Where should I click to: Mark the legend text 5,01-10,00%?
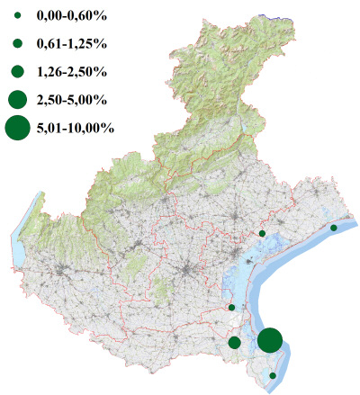(75, 128)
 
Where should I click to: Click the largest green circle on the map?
(270, 341)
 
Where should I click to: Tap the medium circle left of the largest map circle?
(235, 342)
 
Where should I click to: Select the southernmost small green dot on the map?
(273, 375)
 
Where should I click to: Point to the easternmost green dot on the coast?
(334, 229)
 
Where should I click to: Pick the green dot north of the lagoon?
(262, 233)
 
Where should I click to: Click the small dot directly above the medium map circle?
(232, 308)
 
